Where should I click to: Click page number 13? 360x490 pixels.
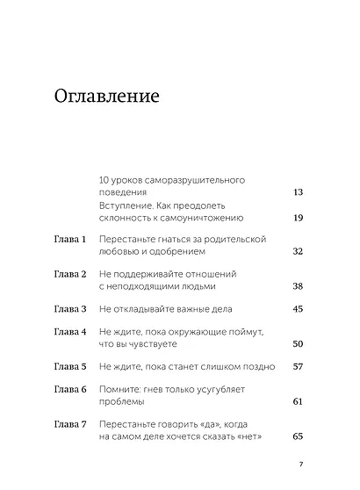[297, 191]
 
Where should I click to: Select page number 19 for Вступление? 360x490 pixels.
[297, 217]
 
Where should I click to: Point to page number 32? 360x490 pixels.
[297, 251]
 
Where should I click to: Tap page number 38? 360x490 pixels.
[297, 286]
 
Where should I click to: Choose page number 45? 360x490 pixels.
[297, 309]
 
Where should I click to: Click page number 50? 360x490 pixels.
[297, 343]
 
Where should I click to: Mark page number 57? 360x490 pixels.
[297, 366]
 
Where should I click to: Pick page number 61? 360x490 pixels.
[297, 400]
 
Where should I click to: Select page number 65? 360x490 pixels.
[297, 436]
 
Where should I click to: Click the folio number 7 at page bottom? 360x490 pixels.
[300, 465]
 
